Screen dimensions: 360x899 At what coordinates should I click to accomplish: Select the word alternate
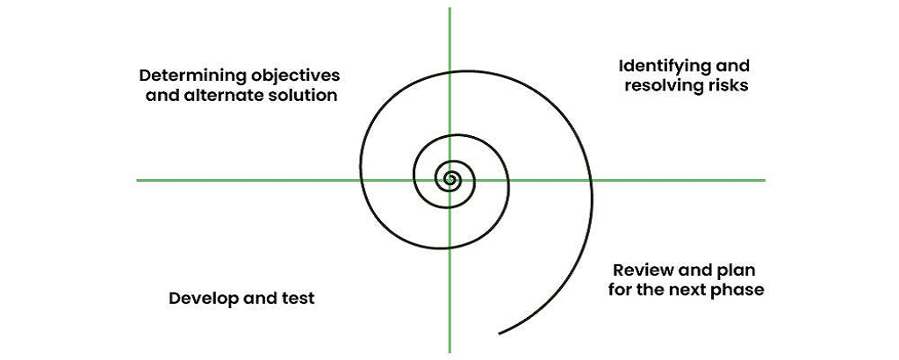[x=221, y=96]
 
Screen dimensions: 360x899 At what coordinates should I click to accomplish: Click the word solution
[x=302, y=96]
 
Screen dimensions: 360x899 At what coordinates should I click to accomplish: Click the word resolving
[x=664, y=87]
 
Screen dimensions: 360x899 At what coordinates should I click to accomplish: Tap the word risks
[x=728, y=87]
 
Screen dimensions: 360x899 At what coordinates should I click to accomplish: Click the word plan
[x=735, y=270]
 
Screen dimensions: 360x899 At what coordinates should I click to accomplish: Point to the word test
[x=298, y=299]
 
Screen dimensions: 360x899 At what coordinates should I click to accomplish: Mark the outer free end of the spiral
[x=499, y=334]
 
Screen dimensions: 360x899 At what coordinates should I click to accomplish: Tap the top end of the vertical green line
[x=449, y=9]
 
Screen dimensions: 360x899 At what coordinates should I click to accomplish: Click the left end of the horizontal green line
[x=138, y=180]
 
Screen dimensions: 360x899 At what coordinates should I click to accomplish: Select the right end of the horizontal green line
[x=764, y=180]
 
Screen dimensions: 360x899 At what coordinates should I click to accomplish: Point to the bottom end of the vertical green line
[x=449, y=351]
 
